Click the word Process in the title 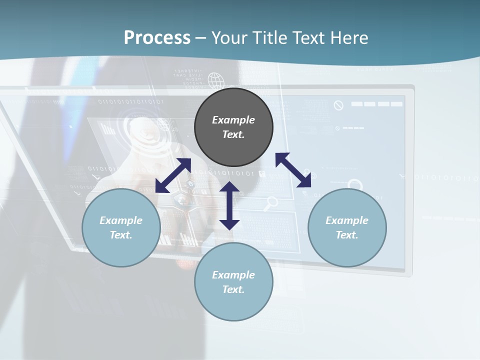point(157,38)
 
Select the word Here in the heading point(348,38)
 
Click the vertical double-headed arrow point(229,205)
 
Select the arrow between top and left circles point(173,175)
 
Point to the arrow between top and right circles point(293,170)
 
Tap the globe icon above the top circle point(215,80)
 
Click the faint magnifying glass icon point(271,202)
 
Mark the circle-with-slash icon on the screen point(338,105)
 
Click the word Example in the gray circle point(233,120)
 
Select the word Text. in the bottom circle point(233,289)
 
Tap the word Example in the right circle point(347,220)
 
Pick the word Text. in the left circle point(121,235)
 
